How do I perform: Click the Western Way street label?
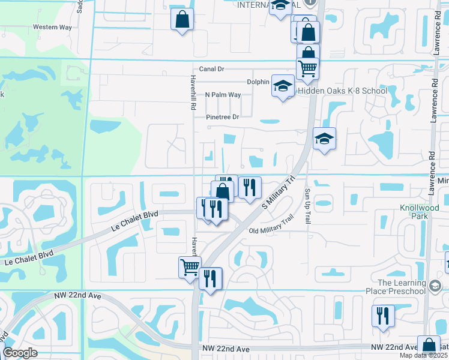[x=52, y=27]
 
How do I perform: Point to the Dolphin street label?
[x=258, y=82]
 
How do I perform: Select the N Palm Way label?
[x=223, y=95]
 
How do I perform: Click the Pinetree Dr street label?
[x=222, y=117]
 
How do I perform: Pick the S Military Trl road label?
[x=280, y=192]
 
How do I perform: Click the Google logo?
[x=20, y=353]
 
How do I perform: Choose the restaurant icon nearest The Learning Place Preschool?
[x=383, y=316]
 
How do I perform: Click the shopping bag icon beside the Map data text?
[x=429, y=346]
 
